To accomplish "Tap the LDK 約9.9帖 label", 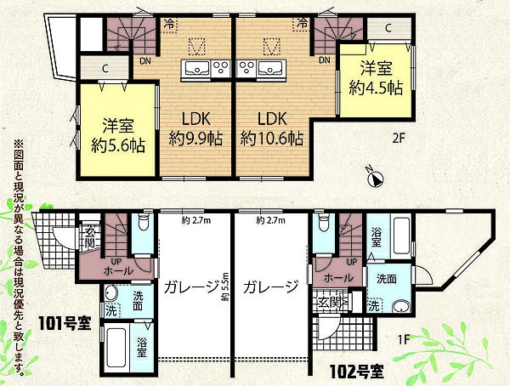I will coord(195,128).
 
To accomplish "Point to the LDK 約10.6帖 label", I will coord(271,128).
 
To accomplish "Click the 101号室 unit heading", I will coord(63,323).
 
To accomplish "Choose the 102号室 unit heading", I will coord(357,371).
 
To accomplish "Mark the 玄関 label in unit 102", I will coord(329,303).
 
